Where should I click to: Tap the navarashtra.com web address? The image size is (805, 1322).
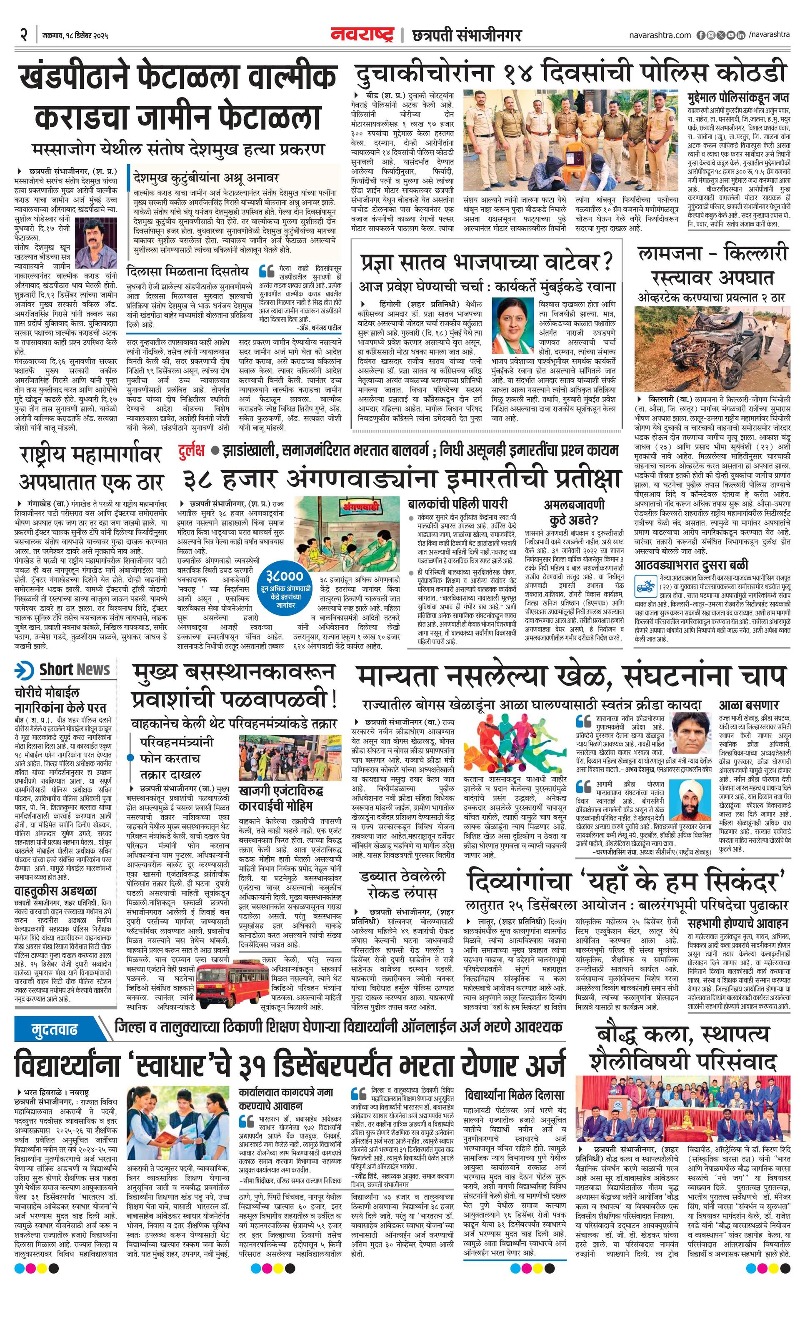click(660, 35)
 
